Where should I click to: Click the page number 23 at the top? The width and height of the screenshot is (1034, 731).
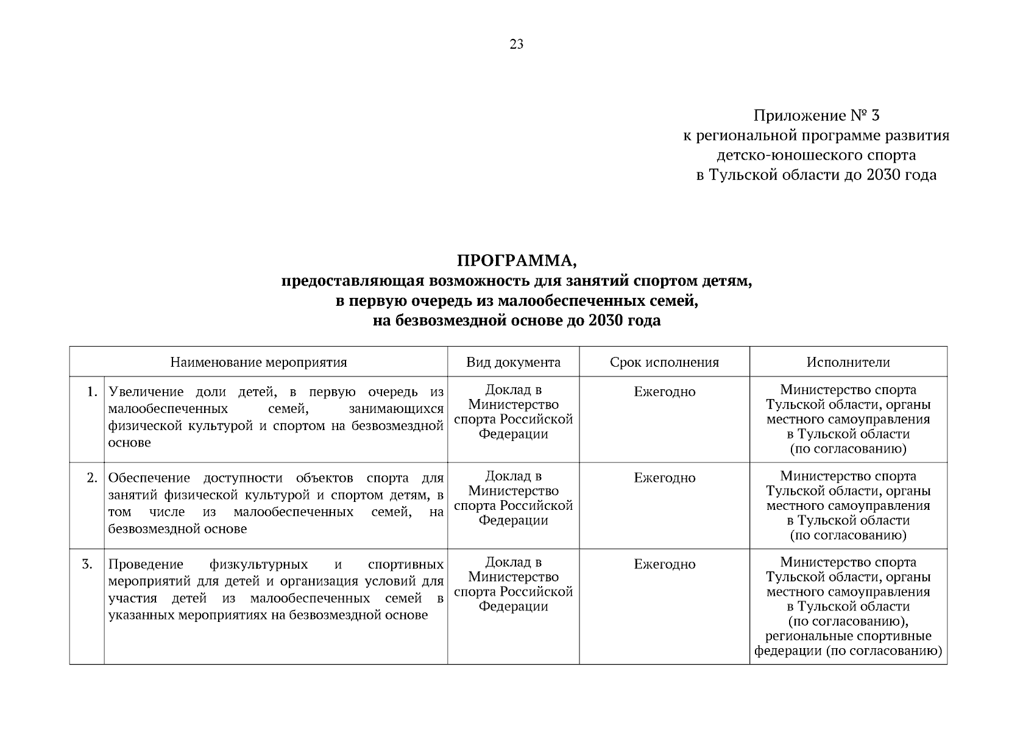(x=516, y=44)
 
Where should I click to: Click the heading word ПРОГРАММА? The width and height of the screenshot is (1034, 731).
(x=517, y=261)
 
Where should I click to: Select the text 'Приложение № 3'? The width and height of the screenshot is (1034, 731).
(x=816, y=116)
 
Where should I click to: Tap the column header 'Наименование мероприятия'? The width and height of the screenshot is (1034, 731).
(x=258, y=362)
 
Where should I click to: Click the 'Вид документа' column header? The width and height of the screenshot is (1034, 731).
(x=513, y=362)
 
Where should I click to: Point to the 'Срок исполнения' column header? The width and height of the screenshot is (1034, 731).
(x=664, y=362)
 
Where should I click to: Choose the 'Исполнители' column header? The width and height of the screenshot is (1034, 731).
(x=848, y=362)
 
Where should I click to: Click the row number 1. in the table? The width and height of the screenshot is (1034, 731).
(x=92, y=392)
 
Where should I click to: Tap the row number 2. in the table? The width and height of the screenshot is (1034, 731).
(x=92, y=478)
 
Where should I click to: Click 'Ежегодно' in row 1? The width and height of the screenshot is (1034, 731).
(x=664, y=392)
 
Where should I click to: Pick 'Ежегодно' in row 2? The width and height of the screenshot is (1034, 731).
(x=664, y=478)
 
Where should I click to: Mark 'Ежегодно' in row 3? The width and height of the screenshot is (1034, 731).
(x=664, y=565)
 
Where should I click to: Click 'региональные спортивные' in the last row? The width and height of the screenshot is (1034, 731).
(x=848, y=637)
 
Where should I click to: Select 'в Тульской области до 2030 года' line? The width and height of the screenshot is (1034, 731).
(x=816, y=175)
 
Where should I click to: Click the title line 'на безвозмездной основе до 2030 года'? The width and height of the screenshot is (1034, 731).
(x=517, y=320)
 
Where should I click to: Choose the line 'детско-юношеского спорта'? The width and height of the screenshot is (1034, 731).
(x=816, y=155)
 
